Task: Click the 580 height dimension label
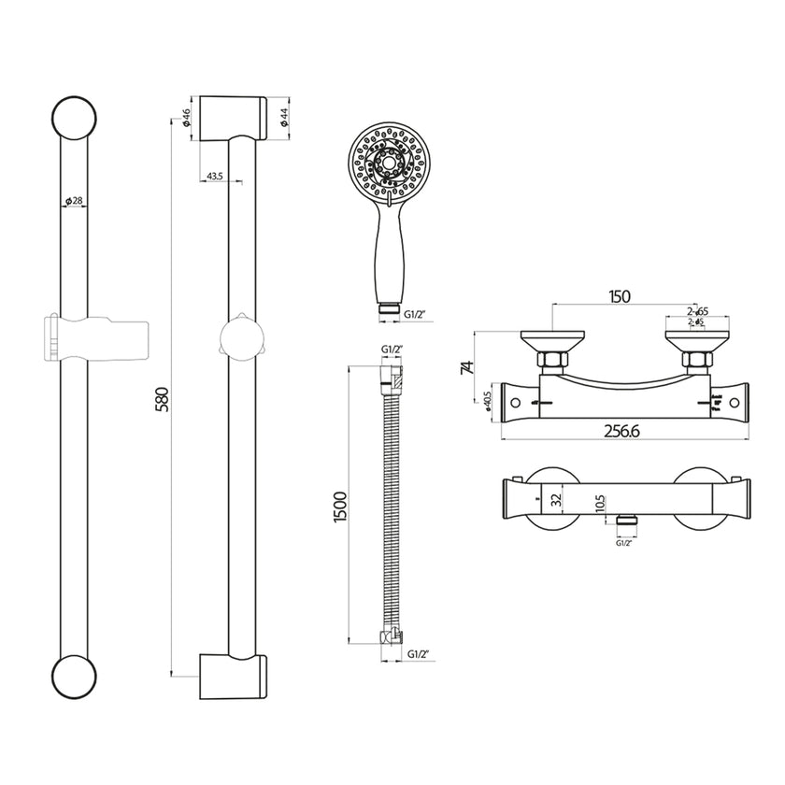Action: pyautogui.click(x=161, y=397)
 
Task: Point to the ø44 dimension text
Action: pyautogui.click(x=282, y=118)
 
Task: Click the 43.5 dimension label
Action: pyautogui.click(x=213, y=177)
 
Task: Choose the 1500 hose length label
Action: pyautogui.click(x=342, y=507)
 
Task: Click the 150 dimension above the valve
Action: pyautogui.click(x=619, y=297)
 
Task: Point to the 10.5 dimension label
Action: pyautogui.click(x=601, y=506)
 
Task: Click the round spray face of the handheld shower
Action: pyautogui.click(x=382, y=162)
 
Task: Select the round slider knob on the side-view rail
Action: pyautogui.click(x=242, y=338)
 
